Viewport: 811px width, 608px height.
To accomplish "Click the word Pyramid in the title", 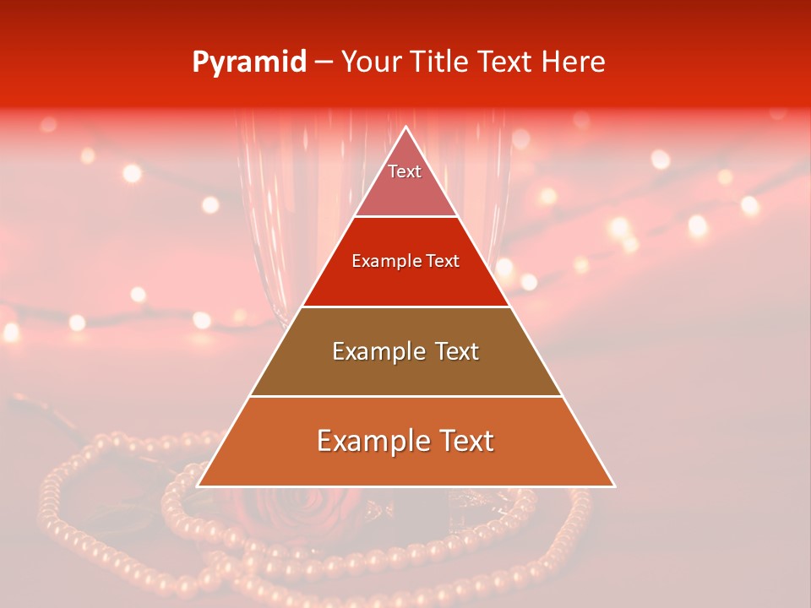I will (248, 62).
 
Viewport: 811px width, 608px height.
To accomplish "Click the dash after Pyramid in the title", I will (324, 62).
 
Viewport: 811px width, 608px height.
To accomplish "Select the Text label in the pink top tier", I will (405, 171).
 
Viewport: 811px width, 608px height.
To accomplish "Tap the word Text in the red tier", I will (443, 261).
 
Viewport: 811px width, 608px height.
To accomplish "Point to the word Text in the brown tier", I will (457, 351).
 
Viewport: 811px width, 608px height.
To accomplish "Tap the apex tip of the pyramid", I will (405, 127).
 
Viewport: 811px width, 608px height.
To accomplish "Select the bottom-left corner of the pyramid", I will (198, 486).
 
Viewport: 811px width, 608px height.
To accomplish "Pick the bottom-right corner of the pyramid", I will (614, 486).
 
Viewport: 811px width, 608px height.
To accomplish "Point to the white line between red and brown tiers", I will (405, 307).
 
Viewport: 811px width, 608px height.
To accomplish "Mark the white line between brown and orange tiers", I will (405, 396).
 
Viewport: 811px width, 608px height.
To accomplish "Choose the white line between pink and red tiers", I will (405, 216).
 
